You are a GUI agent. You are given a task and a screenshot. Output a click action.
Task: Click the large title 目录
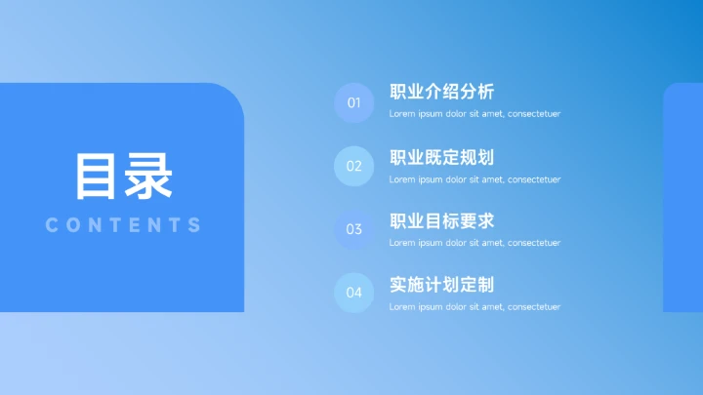[123, 177]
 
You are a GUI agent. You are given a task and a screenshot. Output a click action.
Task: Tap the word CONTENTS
[123, 225]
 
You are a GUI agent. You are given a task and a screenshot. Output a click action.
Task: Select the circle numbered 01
[354, 102]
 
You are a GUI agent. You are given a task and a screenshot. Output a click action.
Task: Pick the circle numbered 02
[354, 166]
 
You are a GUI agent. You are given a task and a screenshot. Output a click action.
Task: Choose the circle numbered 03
[354, 229]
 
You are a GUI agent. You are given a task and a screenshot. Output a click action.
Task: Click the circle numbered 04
[354, 293]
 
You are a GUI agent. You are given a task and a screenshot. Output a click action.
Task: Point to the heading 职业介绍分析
[441, 93]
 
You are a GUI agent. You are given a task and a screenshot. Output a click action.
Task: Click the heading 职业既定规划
[441, 157]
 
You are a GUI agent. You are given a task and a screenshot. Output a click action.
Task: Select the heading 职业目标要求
[441, 220]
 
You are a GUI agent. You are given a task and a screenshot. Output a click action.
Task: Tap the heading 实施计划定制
[441, 285]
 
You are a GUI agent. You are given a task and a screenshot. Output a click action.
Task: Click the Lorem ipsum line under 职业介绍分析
[475, 114]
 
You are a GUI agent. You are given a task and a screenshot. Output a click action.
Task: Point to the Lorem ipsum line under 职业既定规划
[475, 179]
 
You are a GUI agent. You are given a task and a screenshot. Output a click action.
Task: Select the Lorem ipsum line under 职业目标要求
[475, 243]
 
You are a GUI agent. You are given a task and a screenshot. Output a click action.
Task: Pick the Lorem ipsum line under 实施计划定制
[475, 307]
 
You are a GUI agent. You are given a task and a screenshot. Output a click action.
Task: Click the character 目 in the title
[98, 177]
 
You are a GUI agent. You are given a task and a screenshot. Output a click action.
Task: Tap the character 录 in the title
[148, 177]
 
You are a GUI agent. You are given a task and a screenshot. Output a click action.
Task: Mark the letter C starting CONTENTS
[52, 225]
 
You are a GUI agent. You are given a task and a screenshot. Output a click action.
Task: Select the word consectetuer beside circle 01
[534, 114]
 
